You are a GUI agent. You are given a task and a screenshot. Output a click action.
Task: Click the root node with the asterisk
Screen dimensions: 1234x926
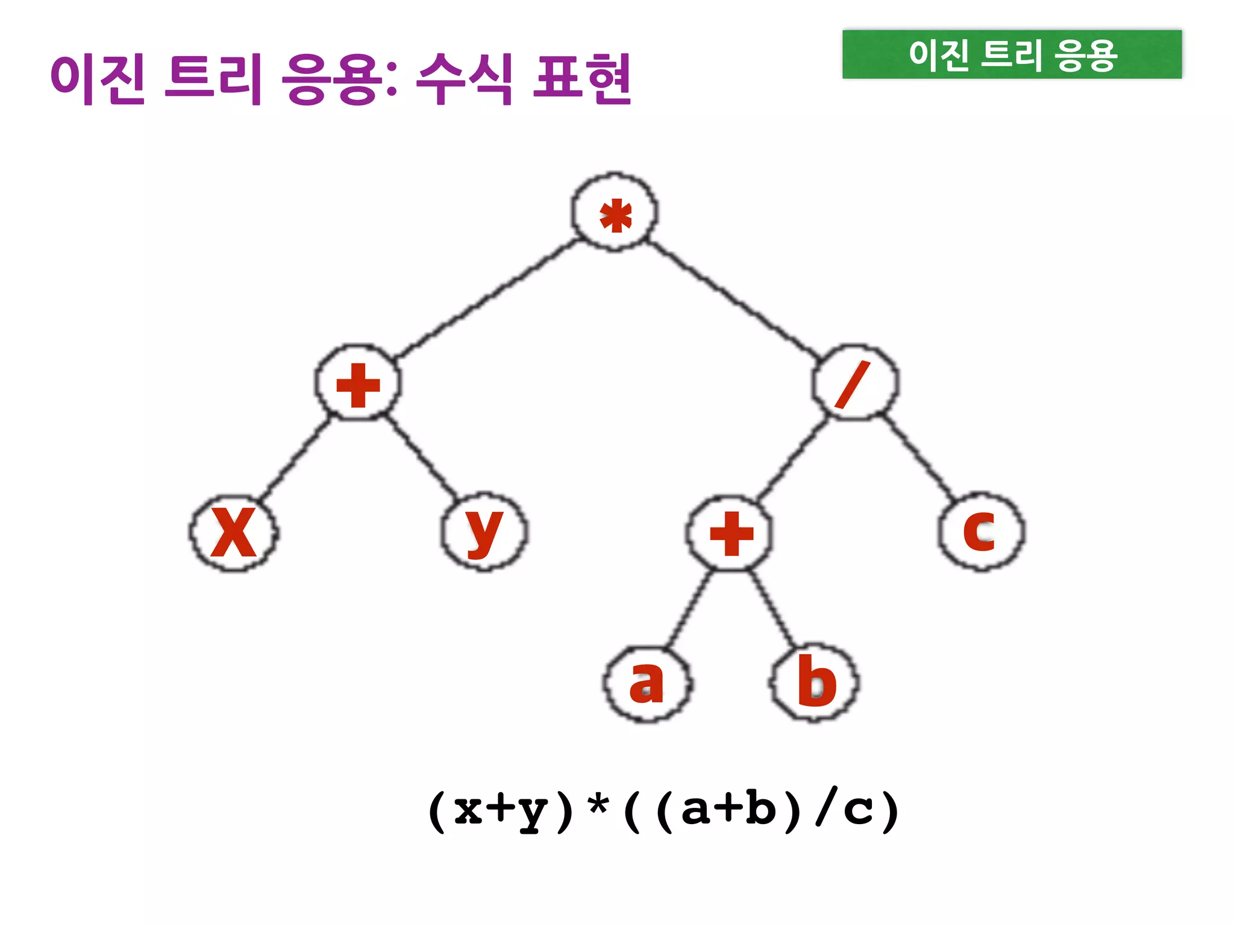(x=615, y=213)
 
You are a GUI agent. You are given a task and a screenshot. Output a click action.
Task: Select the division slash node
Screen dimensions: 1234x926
(x=855, y=383)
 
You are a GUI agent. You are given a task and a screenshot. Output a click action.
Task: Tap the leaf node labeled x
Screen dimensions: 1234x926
(x=234, y=534)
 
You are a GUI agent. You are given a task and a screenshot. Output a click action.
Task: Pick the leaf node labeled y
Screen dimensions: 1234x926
(x=484, y=532)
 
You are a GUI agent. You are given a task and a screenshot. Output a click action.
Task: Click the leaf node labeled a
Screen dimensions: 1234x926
(x=647, y=684)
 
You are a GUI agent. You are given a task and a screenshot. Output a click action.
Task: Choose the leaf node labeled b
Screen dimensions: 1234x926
(x=815, y=682)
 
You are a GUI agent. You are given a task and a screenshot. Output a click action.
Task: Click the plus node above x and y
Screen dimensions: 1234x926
(x=358, y=383)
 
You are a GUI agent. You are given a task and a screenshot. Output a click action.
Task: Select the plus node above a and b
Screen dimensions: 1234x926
(x=730, y=533)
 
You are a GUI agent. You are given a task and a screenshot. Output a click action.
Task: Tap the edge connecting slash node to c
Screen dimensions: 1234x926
(x=918, y=456)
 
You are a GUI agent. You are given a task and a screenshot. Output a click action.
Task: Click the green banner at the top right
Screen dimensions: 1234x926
(x=1012, y=54)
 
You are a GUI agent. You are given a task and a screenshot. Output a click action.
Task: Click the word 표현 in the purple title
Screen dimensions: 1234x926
(x=582, y=78)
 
